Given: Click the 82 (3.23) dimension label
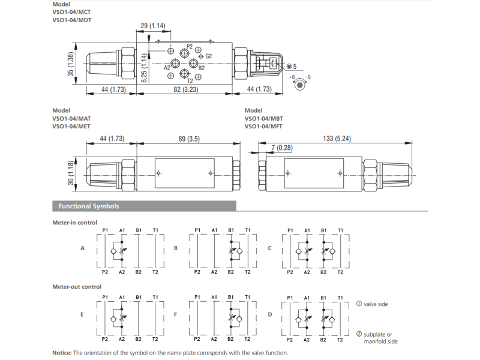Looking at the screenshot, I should pos(185,89).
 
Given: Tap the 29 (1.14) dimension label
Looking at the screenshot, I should pos(152,25).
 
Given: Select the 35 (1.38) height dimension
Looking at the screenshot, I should pos(70,65).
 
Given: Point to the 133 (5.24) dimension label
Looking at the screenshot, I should pos(337,139).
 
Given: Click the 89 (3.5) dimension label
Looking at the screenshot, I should pos(188,139).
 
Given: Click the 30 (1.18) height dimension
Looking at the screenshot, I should pos(70,173).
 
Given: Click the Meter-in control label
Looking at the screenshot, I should pos(75,223).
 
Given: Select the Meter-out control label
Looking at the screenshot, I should pos(77,287).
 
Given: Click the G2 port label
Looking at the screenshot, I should pos(209,56).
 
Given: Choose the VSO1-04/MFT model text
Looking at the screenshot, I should pos(263,126).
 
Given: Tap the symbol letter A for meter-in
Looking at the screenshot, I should pos(83,248).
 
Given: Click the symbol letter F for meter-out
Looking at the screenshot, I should pos(175,314).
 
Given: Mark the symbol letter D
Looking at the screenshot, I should pos(270,314).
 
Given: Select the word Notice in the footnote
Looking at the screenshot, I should pos(62,353).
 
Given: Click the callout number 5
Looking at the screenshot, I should pos(295,66).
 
